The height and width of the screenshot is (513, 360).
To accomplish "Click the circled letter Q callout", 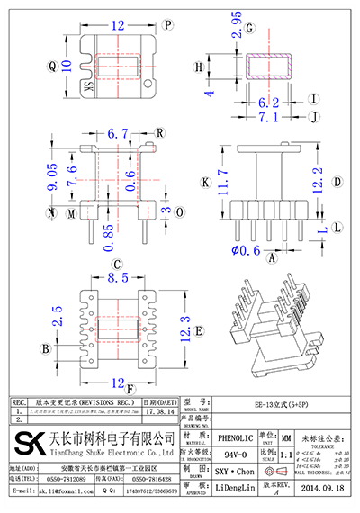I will pos(52,66).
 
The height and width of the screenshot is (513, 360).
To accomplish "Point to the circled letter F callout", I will pos(131,390).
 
